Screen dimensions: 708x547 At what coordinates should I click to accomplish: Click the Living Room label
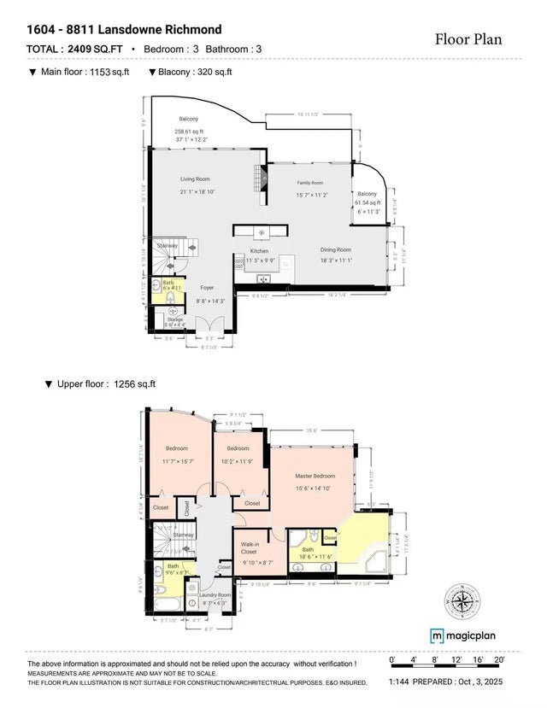[195, 178]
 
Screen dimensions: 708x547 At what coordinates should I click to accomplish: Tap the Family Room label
[310, 183]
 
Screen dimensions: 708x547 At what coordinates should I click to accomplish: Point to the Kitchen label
[260, 251]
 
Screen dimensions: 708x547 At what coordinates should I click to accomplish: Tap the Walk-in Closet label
[250, 548]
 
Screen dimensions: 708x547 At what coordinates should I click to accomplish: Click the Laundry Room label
[215, 594]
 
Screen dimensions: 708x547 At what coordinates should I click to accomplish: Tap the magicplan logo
[467, 635]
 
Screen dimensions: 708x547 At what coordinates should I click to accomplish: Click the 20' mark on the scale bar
[501, 660]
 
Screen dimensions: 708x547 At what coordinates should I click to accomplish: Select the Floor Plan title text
[468, 38]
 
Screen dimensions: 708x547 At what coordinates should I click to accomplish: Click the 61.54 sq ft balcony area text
[368, 202]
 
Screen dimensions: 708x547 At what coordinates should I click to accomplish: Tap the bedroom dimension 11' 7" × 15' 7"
[177, 460]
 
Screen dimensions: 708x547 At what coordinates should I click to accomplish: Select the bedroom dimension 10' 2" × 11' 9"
[238, 460]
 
